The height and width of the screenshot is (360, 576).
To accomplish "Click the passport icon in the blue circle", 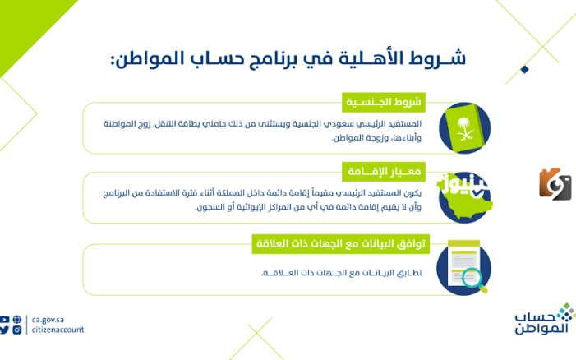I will pyautogui.click(x=463, y=128).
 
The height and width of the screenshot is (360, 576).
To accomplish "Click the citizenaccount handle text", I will pyautogui.click(x=58, y=330).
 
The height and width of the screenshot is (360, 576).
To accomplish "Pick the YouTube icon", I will pyautogui.click(x=6, y=320).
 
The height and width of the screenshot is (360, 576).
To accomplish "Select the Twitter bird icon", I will pyautogui.click(x=6, y=330).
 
